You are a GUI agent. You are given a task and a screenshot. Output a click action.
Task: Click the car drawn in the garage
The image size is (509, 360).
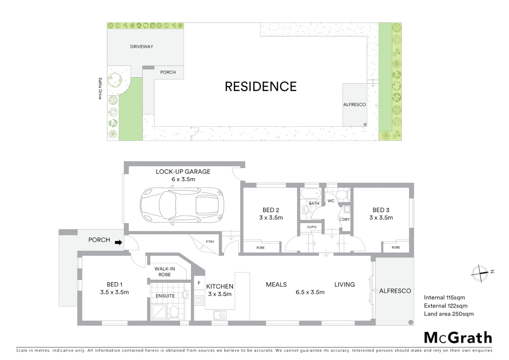(x=182, y=206)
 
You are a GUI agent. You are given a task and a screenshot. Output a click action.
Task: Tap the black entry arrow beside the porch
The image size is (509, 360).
(x=118, y=242)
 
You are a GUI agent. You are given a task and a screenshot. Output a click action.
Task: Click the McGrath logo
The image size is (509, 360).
(x=458, y=338)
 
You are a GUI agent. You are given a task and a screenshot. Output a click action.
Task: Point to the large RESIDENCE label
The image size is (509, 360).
(x=260, y=87)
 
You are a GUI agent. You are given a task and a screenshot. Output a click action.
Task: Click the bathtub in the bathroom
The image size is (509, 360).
(x=311, y=194)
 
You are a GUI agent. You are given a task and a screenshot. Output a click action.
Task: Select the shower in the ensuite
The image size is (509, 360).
(x=159, y=312)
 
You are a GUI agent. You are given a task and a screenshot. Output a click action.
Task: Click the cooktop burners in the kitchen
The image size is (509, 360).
(x=199, y=300)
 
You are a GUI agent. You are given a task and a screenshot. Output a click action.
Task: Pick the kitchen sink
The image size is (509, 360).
(x=220, y=315)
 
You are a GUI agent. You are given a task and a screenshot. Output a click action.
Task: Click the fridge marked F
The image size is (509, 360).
(x=199, y=283)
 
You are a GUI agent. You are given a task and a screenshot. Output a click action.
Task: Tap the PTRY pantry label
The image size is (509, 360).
(x=210, y=242)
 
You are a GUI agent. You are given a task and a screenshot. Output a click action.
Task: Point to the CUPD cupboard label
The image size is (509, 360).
(x=312, y=227)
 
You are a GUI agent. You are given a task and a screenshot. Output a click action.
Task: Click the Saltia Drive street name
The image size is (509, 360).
(x=100, y=88)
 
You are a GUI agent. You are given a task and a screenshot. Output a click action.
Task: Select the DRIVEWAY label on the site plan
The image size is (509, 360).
(x=142, y=47)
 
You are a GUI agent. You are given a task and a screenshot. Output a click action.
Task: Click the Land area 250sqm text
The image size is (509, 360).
(x=448, y=314)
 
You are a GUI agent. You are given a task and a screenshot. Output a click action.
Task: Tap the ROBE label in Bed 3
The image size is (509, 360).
(x=396, y=247)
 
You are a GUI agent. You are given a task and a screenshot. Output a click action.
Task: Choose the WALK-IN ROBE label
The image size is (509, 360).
(x=165, y=272)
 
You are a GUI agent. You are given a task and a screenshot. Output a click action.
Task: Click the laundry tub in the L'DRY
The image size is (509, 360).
(x=347, y=209)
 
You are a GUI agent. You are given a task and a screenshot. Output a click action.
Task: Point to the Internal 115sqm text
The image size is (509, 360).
(x=444, y=297)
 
